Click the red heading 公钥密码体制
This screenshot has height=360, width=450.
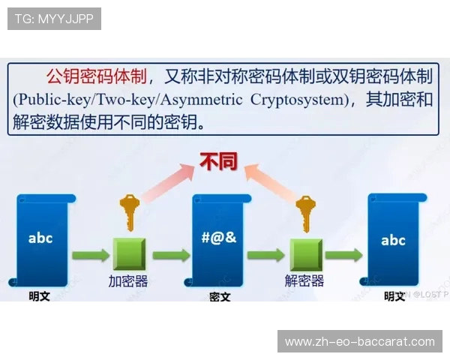(96, 76)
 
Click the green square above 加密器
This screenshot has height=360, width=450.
(129, 253)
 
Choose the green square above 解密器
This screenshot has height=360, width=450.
(305, 253)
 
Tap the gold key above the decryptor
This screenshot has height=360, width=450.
(305, 212)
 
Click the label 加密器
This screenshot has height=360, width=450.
(128, 281)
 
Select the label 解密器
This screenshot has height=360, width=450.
(304, 281)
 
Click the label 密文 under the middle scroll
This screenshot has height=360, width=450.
(220, 296)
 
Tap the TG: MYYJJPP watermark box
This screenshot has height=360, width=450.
(54, 19)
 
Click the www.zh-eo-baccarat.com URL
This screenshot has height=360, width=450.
(360, 341)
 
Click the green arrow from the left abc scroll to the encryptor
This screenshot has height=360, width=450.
(90, 254)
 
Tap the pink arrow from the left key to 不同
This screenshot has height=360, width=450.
(166, 184)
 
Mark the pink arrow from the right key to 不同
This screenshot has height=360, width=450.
(271, 184)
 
